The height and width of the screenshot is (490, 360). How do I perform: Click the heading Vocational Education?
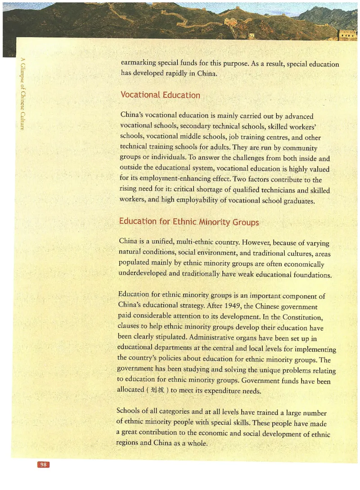[160, 95]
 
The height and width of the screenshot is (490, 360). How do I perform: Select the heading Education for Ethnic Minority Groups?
[189, 222]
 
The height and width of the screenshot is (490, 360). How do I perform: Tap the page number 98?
[44, 465]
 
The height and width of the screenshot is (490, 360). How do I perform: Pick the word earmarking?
[141, 63]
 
